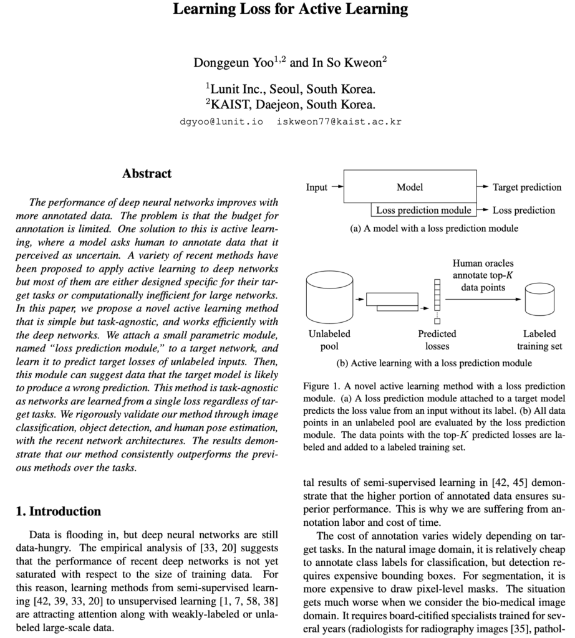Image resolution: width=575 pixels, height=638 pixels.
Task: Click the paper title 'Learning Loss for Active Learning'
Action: pos(291,10)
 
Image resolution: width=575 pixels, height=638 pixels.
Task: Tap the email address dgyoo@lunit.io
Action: pos(221,121)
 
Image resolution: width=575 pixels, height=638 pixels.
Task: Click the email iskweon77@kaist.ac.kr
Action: pos(339,121)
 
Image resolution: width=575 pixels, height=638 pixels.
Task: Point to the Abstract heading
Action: pos(147,173)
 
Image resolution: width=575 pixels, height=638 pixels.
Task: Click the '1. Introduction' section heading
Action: pos(58,512)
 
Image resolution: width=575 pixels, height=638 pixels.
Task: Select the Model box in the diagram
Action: pos(410,187)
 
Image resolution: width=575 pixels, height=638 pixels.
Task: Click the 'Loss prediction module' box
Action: pos(423,210)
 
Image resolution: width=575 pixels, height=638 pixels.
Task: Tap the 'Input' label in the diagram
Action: pos(317,187)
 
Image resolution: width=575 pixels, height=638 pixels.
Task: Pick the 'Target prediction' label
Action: pos(527,187)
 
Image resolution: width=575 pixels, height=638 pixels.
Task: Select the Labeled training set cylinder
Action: pos(539,300)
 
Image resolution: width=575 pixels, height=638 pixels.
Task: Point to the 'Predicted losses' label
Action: pos(437,340)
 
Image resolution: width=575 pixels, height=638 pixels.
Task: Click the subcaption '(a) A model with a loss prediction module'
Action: pos(434,229)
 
